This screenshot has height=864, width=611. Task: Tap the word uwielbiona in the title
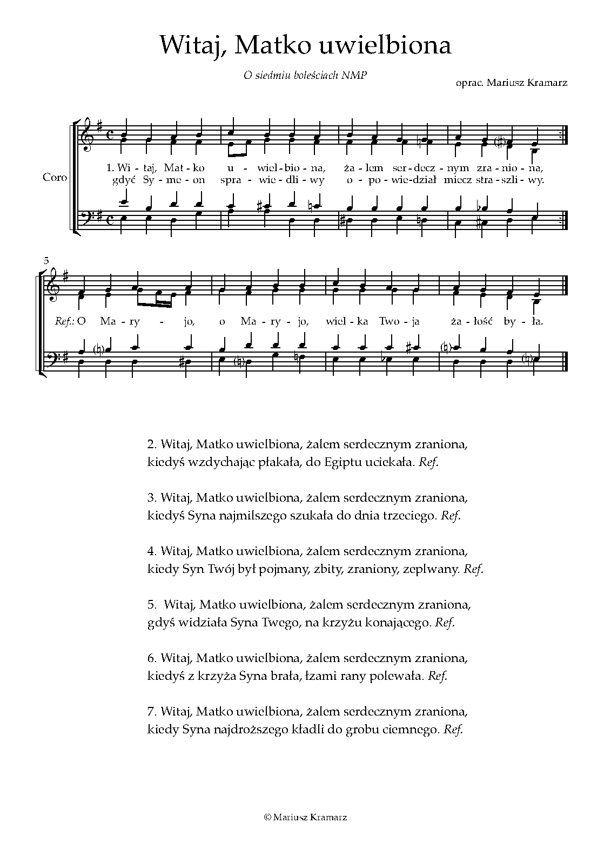coord(386,46)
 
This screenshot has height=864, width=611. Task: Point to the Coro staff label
coord(55,177)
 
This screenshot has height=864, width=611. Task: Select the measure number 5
coord(46,261)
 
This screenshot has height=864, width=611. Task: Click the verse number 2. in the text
coord(151,445)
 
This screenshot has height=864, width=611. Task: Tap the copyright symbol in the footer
coord(267,818)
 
